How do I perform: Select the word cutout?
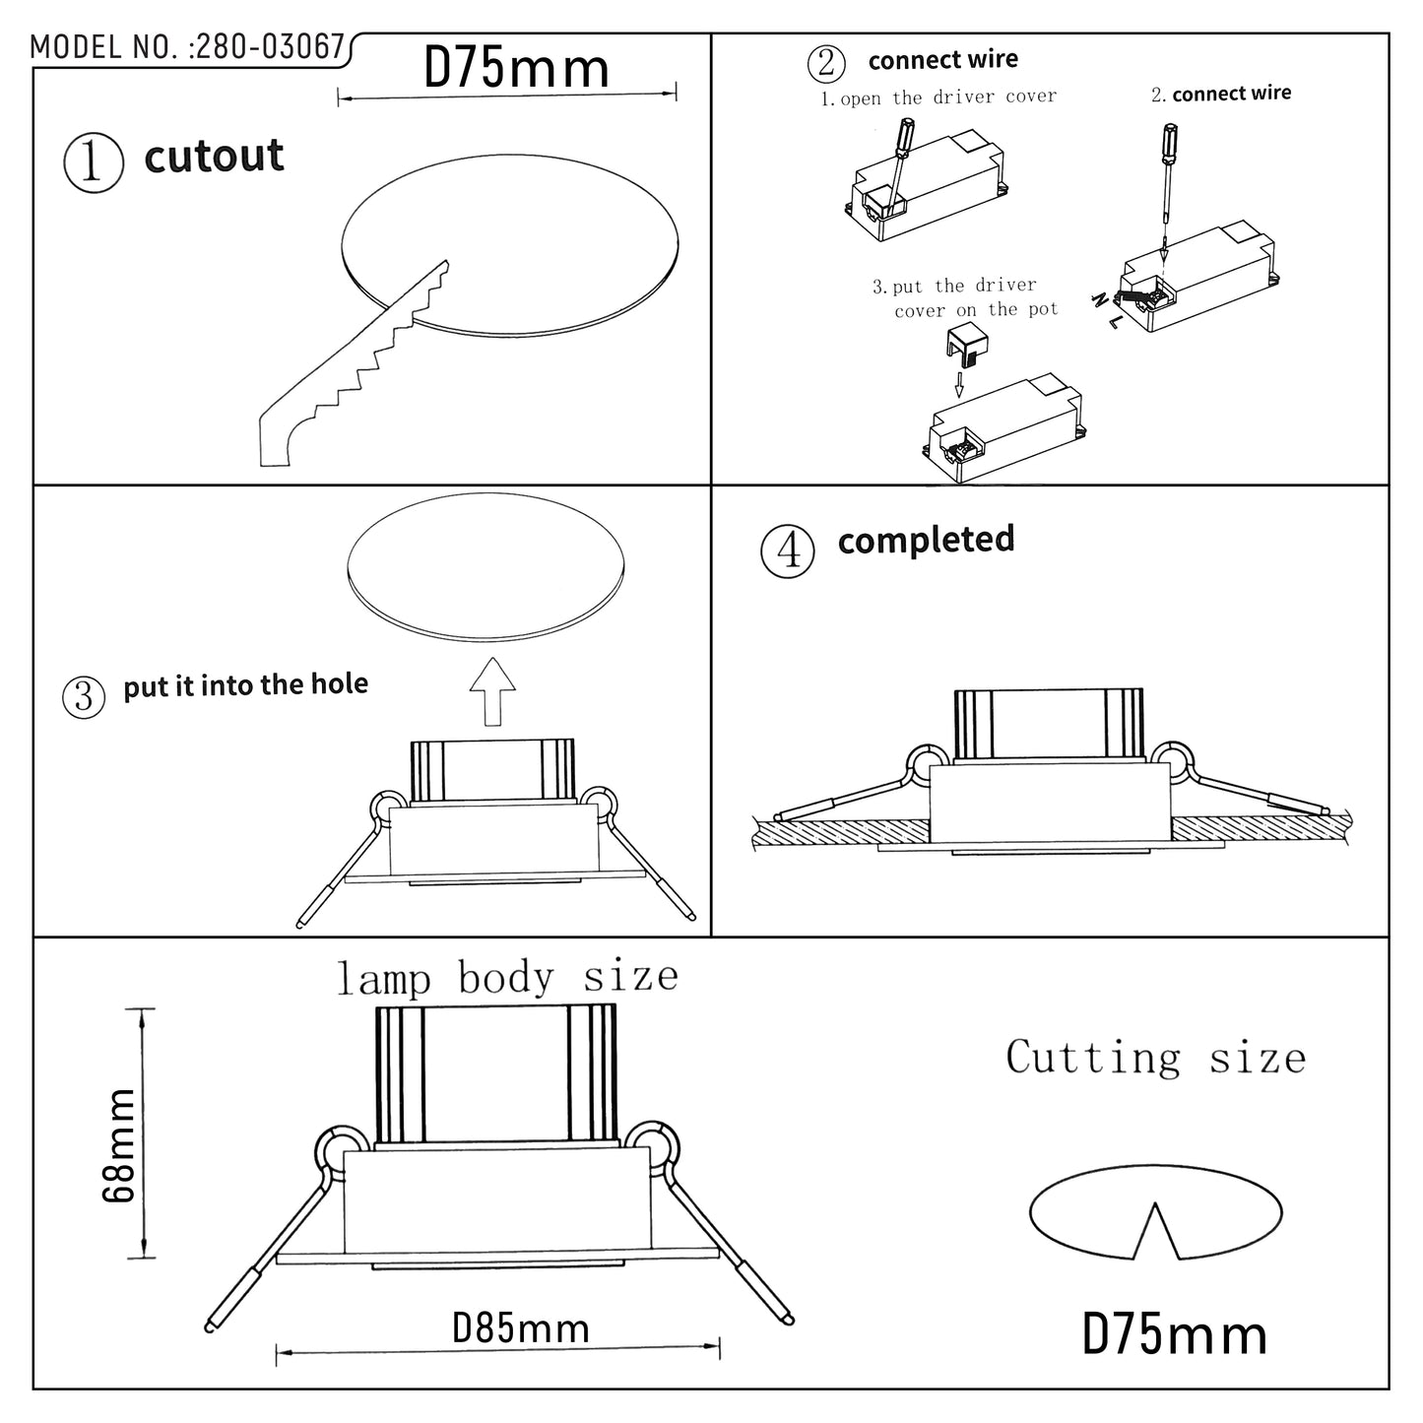(214, 157)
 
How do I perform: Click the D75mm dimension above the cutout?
(516, 69)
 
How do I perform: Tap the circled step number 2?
(825, 63)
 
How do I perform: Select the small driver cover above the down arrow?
(967, 345)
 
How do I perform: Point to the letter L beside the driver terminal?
(1114, 321)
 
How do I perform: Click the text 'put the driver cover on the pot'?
(965, 297)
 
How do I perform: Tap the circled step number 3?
(84, 696)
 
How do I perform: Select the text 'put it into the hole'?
(245, 685)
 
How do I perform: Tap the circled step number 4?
(788, 550)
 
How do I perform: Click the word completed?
(926, 540)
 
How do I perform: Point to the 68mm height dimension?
(119, 1144)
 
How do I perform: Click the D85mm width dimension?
(520, 1328)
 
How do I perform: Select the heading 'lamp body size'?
(507, 978)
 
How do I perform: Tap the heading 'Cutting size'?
(1155, 1059)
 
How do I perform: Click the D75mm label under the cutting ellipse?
(1174, 1336)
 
